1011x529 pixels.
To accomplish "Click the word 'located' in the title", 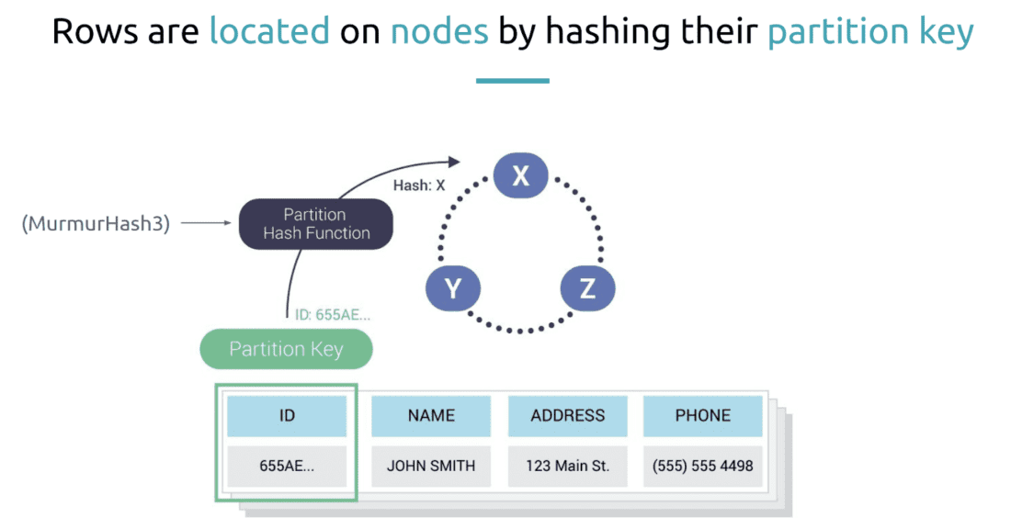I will click(269, 31).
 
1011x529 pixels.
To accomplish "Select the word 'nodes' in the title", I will click(439, 31).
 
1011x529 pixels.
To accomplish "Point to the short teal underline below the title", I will click(512, 81).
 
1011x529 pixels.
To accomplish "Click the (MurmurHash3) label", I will click(96, 223).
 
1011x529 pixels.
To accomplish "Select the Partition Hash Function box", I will click(316, 223).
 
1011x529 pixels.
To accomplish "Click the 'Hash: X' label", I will click(419, 185).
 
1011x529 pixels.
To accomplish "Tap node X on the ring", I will click(520, 175).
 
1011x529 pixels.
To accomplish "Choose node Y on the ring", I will click(453, 289).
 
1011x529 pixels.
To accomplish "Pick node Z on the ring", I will click(587, 289).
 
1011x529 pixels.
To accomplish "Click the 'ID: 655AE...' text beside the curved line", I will click(332, 314).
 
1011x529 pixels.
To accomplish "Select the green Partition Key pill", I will click(286, 349).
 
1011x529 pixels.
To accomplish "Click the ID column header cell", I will click(287, 416).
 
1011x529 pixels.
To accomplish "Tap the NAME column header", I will click(431, 416).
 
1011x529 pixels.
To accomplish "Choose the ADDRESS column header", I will click(567, 416).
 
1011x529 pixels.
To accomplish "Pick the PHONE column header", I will click(703, 416).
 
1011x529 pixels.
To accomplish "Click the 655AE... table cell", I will click(287, 466).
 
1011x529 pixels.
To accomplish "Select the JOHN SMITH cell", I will click(431, 466).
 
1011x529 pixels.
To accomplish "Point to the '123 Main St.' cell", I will click(567, 466).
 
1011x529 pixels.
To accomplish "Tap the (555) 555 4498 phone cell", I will click(703, 466).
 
